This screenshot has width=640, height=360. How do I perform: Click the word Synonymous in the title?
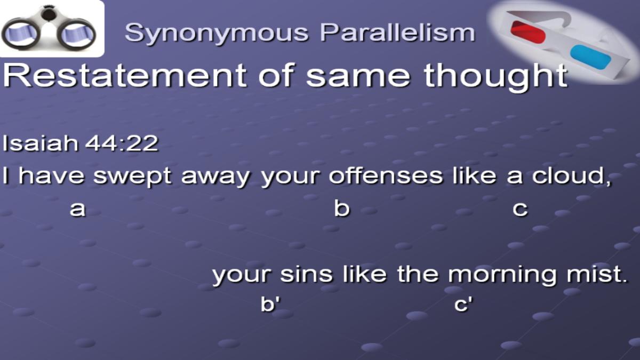click(217, 34)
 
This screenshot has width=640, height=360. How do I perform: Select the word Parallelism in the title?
click(397, 32)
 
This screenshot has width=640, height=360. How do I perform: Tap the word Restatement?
click(125, 75)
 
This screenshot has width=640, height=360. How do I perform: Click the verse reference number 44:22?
click(122, 143)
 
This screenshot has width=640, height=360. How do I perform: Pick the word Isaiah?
click(41, 143)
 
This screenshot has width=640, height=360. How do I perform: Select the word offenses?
click(386, 175)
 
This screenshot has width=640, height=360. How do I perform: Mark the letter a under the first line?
click(78, 209)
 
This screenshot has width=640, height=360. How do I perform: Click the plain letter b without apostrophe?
click(342, 208)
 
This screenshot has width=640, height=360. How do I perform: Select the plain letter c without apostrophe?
click(520, 209)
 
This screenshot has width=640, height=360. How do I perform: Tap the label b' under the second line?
click(270, 303)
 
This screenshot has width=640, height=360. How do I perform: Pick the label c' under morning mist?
click(463, 303)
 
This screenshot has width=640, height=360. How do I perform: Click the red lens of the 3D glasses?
click(528, 32)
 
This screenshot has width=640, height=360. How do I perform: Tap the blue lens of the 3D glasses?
click(590, 57)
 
